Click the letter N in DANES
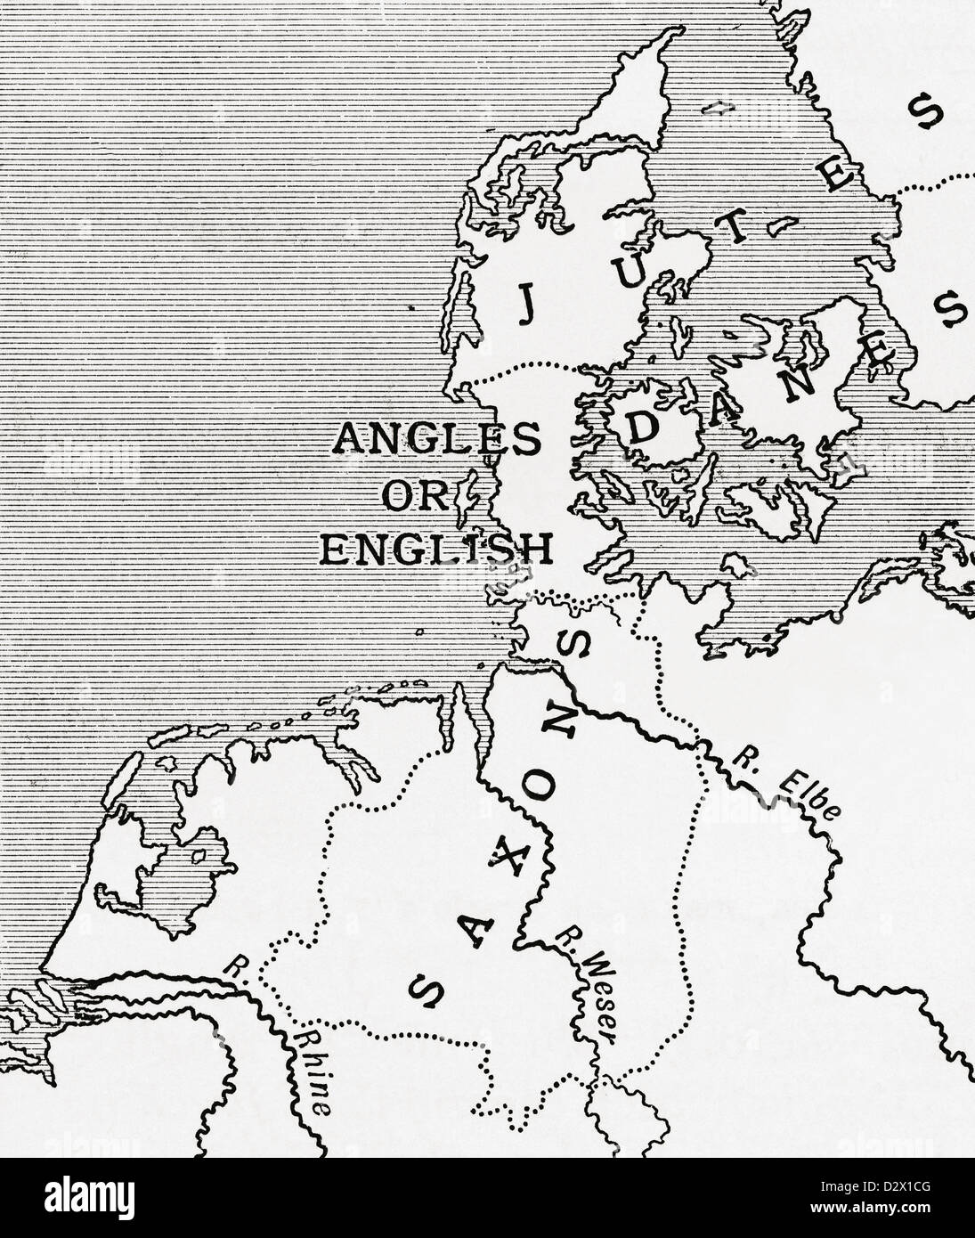pos(799,381)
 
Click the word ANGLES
pos(436,438)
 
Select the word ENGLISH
pos(435,548)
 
